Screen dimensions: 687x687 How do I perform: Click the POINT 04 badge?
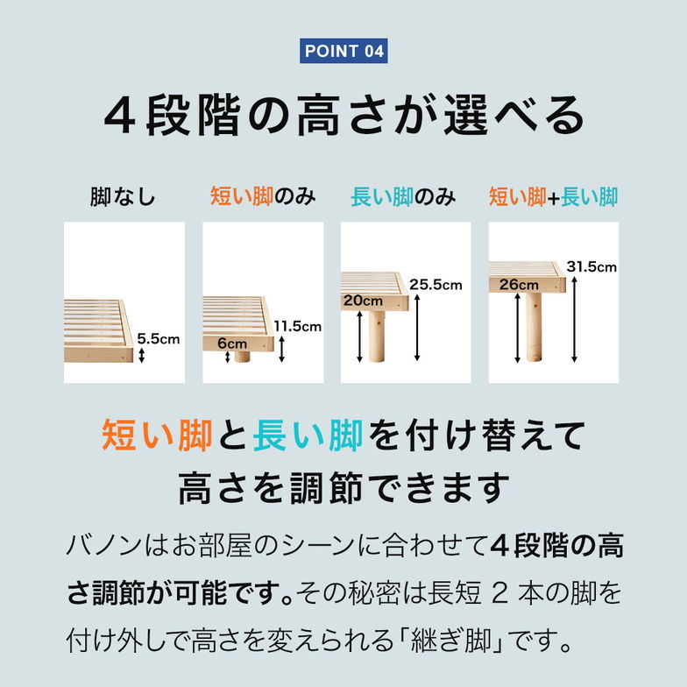tap(343, 51)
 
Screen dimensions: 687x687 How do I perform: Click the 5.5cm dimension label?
tap(158, 336)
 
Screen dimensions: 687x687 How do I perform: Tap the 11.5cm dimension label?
tap(298, 326)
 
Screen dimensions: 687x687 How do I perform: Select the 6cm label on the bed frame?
tap(232, 343)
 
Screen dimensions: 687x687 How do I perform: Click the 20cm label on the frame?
tap(362, 301)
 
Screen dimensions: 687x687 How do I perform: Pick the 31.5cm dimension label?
tap(592, 266)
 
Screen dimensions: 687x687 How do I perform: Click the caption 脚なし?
tap(123, 197)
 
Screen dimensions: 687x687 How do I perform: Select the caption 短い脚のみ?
tap(263, 196)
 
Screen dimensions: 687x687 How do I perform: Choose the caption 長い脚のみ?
tap(403, 196)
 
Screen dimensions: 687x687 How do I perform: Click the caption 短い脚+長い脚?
tap(553, 196)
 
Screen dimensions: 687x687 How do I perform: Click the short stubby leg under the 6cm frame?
tap(242, 357)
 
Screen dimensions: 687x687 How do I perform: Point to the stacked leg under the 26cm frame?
tap(534, 327)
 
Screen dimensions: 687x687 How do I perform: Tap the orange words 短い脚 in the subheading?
tap(157, 436)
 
